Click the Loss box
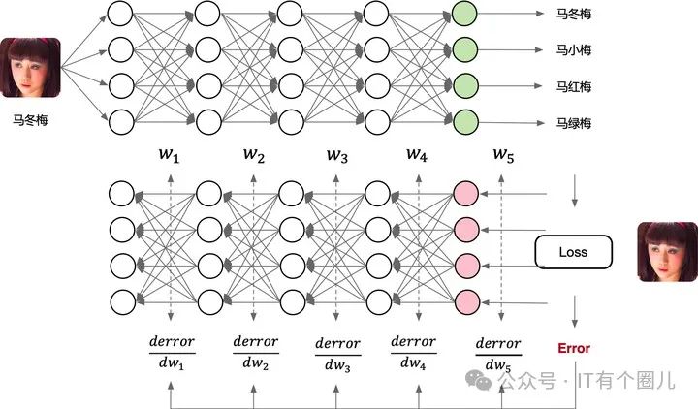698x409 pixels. pyautogui.click(x=573, y=253)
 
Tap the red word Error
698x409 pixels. pyautogui.click(x=573, y=347)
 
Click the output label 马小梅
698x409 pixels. pyautogui.click(x=573, y=50)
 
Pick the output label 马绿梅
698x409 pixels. pyautogui.click(x=573, y=124)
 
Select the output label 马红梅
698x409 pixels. pyautogui.click(x=573, y=87)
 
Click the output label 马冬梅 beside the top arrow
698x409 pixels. pyautogui.click(x=573, y=14)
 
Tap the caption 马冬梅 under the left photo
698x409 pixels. pyautogui.click(x=31, y=121)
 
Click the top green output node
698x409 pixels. pyautogui.click(x=465, y=13)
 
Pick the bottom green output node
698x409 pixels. pyautogui.click(x=465, y=122)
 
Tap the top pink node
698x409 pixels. pyautogui.click(x=465, y=193)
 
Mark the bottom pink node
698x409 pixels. pyautogui.click(x=465, y=300)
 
